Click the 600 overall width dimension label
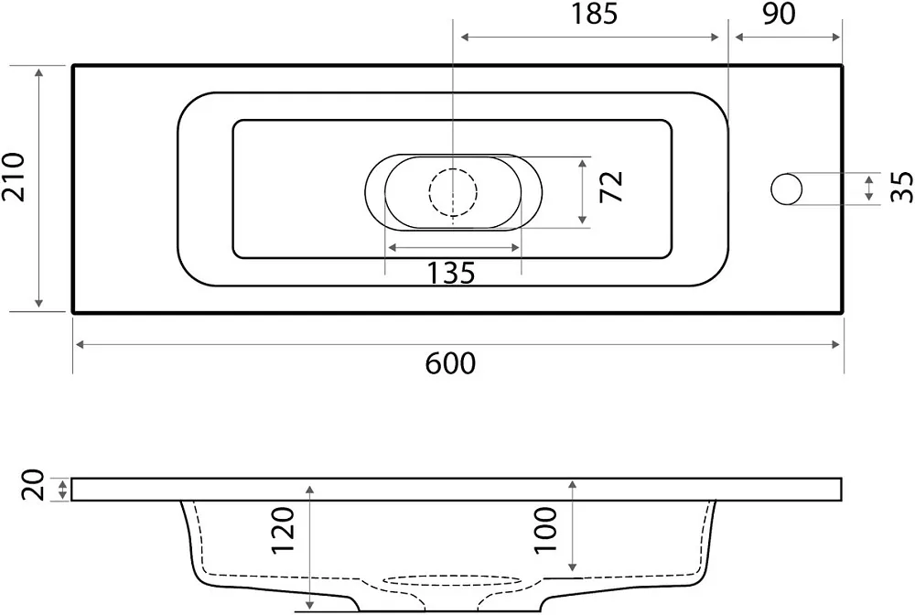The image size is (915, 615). click(x=450, y=364)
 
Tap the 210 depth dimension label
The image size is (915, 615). click(x=14, y=178)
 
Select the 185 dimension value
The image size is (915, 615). click(x=594, y=14)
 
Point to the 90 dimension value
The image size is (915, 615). click(x=779, y=14)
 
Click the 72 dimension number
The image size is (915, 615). click(x=612, y=187)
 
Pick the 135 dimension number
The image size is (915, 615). click(x=451, y=273)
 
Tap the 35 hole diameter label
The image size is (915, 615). click(x=901, y=187)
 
